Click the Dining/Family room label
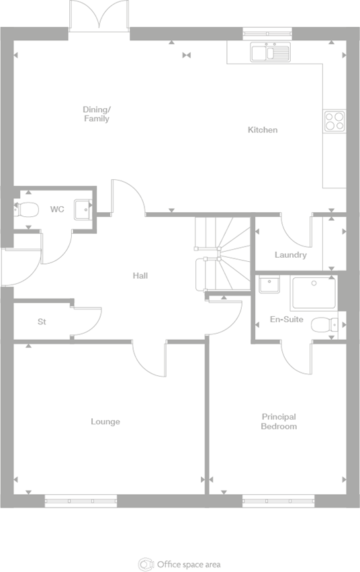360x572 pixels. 96,114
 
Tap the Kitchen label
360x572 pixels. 263,130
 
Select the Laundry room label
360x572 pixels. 290,255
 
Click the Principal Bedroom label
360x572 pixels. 279,422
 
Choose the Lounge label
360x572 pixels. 105,422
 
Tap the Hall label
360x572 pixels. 140,275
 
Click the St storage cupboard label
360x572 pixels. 42,322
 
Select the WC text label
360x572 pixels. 57,209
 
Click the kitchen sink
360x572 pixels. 270,52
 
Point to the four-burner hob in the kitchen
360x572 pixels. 334,121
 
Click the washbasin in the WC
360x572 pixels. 82,209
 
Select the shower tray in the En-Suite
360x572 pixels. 314,293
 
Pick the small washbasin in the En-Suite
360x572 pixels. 269,285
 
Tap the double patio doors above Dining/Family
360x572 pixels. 99,15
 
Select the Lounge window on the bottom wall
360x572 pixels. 81,500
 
